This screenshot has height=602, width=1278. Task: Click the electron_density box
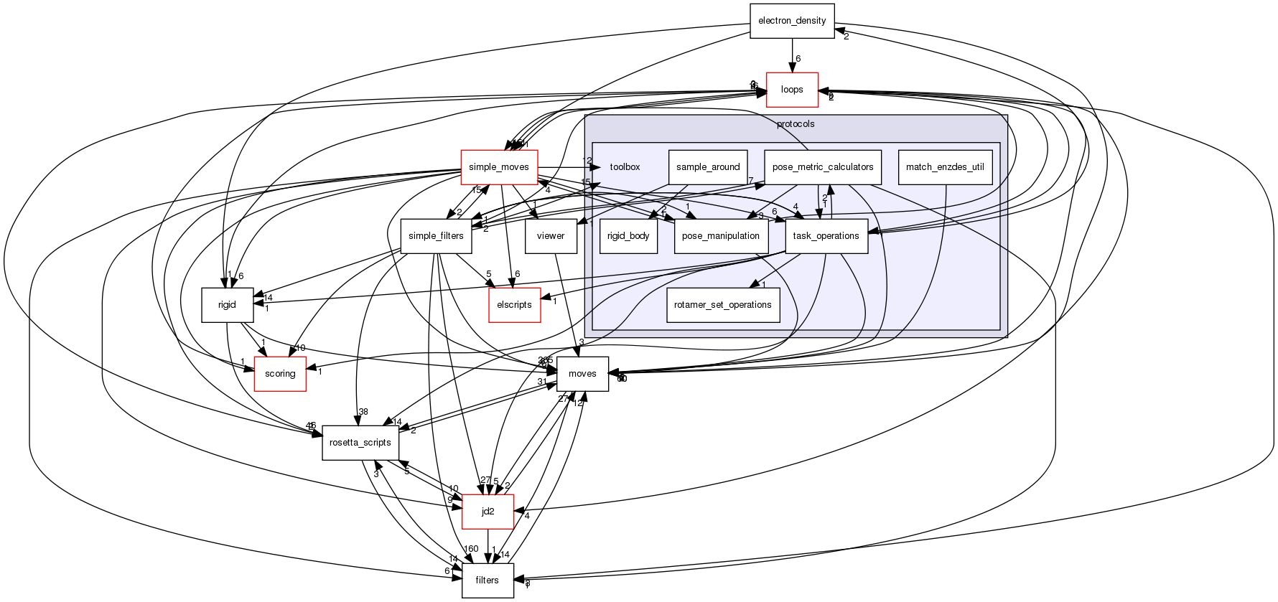coord(792,21)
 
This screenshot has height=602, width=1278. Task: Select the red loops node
coord(792,90)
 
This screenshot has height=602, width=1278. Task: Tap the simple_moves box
coord(498,167)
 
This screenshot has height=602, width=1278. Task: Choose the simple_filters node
coord(436,236)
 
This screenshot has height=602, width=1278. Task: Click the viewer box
coord(551,236)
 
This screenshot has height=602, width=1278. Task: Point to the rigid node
coord(227,305)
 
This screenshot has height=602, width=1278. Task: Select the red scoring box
coord(280,374)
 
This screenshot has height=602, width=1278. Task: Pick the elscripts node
coord(514,305)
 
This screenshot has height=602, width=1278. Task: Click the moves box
coord(582,374)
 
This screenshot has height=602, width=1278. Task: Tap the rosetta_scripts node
coord(360,443)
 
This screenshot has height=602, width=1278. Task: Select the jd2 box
coord(488,512)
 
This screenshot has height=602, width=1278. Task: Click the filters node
coord(488,580)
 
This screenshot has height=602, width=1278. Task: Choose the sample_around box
coord(708,167)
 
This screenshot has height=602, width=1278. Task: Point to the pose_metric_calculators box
coord(822,167)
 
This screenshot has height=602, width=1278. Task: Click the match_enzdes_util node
coord(945,167)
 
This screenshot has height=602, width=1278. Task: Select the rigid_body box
coord(629,236)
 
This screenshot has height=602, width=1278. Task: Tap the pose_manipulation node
coord(721,236)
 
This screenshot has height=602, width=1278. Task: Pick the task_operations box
coord(826,236)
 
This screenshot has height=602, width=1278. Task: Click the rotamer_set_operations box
coord(723,305)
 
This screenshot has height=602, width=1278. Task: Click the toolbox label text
coord(625,167)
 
